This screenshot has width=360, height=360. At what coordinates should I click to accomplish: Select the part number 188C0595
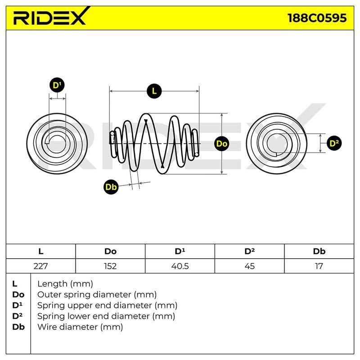coord(317,18)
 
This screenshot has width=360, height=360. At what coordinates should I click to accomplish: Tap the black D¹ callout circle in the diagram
coord(57,85)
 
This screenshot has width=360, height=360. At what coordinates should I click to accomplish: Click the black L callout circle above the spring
coord(154,91)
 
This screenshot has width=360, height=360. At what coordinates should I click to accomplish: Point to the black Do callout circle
coord(222,144)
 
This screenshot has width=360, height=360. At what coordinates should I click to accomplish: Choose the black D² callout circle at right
coord(334,143)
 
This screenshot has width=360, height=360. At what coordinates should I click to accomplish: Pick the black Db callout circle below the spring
coord(111,187)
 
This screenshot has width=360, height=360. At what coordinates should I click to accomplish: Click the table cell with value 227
coord(40,266)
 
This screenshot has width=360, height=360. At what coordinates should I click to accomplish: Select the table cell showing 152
coord(110,266)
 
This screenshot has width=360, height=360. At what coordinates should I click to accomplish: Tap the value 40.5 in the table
coord(180,266)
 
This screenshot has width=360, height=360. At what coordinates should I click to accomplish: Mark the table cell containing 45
coord(250,266)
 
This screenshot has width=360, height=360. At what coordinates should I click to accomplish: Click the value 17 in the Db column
coord(319,266)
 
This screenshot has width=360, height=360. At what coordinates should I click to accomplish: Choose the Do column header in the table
coord(110,252)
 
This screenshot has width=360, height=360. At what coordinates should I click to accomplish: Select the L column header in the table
coord(40,252)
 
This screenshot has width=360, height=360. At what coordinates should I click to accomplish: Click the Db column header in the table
coord(319,252)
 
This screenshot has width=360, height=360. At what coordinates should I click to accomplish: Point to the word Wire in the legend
coord(47,327)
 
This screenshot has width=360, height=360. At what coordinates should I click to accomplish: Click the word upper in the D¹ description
coord(78,306)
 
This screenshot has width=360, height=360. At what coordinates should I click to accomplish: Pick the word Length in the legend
coord(52,284)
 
